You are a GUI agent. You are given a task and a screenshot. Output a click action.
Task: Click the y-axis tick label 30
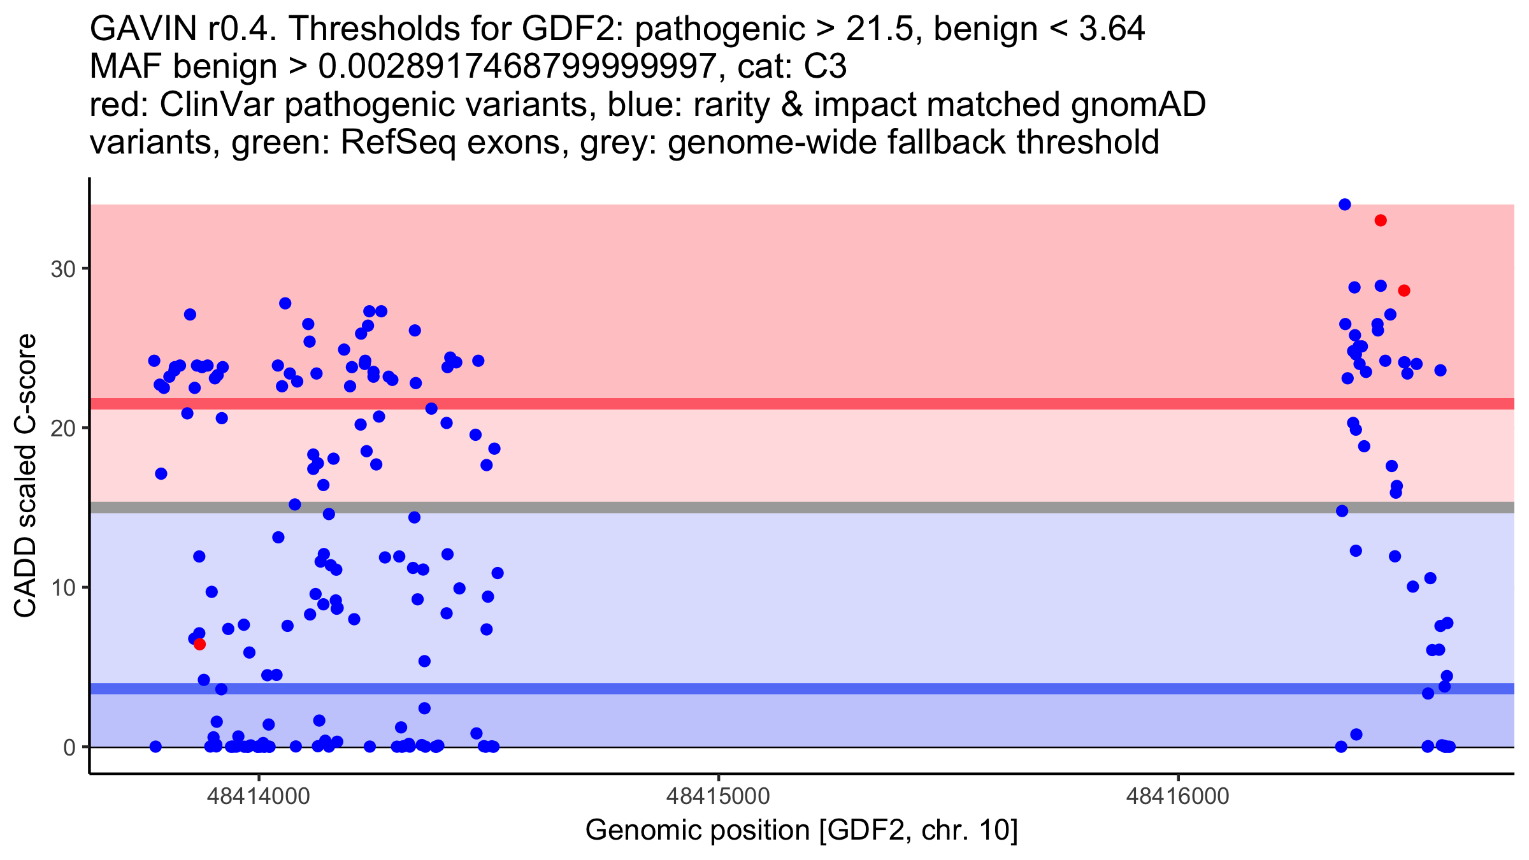63,269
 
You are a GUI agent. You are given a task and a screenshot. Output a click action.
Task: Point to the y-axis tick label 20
63,428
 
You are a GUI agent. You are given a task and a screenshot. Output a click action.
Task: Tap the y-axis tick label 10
63,587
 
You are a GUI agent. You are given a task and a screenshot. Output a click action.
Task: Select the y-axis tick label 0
69,747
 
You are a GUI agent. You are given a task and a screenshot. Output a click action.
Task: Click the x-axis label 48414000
259,796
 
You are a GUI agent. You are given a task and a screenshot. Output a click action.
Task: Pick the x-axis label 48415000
719,796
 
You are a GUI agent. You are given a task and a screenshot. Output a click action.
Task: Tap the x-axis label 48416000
1178,796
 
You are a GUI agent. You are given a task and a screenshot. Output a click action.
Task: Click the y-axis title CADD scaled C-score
25,476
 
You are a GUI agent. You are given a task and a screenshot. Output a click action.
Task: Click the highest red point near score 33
1381,220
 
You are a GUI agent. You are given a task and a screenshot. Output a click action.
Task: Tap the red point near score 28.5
1404,290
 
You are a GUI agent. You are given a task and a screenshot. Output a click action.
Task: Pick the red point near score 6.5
199,644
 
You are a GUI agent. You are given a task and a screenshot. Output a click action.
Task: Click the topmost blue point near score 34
1345,204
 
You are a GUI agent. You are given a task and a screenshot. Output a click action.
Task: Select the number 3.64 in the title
1112,29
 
